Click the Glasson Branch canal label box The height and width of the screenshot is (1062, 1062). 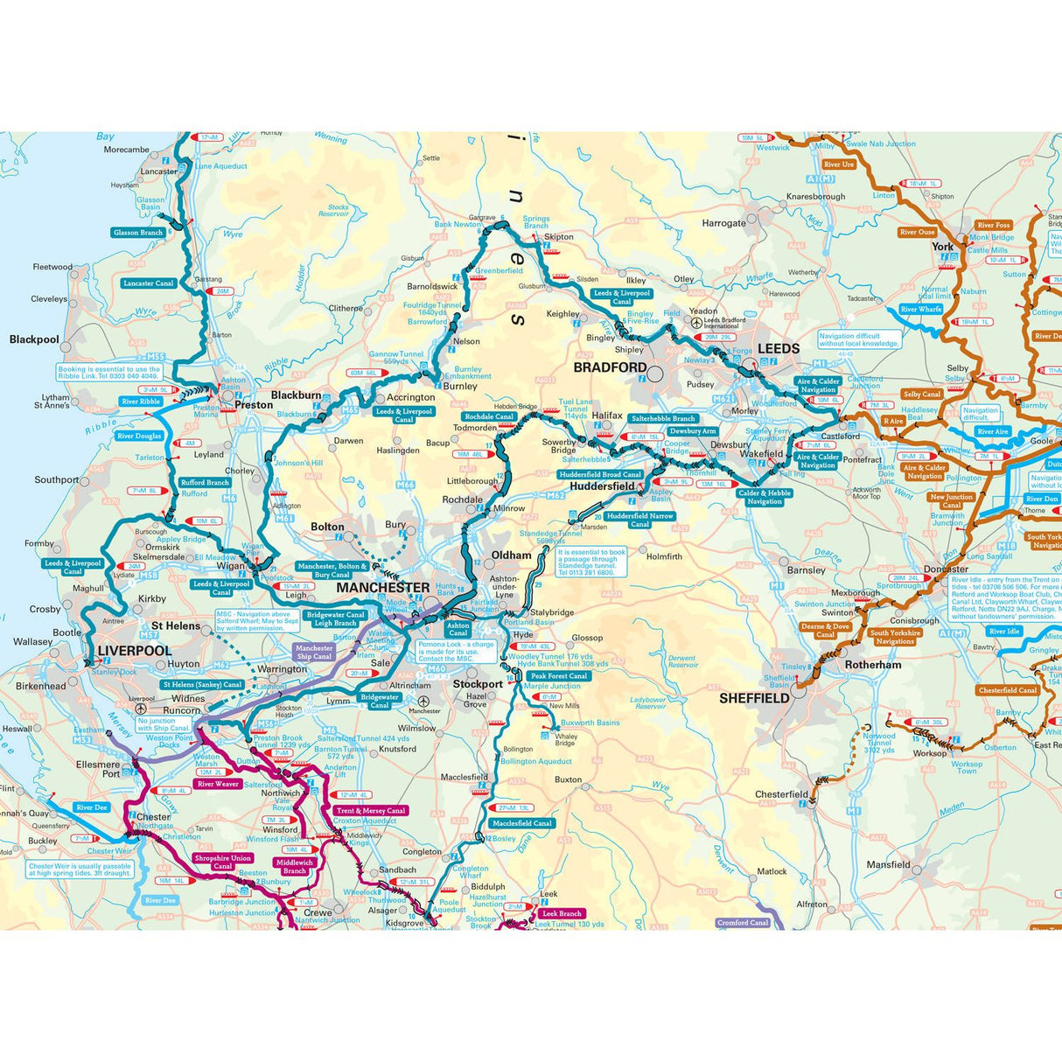click(x=138, y=233)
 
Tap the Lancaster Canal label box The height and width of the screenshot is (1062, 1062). click(x=150, y=283)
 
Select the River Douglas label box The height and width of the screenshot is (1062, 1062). click(x=139, y=436)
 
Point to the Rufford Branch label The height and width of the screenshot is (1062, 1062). click(x=205, y=482)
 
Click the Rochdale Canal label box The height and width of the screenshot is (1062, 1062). click(x=489, y=416)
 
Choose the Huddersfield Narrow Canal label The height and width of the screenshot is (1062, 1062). click(x=640, y=521)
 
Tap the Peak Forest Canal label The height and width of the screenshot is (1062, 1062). click(x=558, y=676)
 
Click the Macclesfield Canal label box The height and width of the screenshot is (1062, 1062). click(x=522, y=823)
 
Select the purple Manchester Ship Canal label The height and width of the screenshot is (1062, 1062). click(x=314, y=653)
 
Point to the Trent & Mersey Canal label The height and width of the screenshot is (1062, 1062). click(x=371, y=811)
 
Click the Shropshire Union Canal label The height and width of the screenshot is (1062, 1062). click(x=223, y=863)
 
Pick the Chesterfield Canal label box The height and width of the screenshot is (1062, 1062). click(x=1008, y=690)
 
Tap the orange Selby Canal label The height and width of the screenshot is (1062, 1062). click(x=922, y=395)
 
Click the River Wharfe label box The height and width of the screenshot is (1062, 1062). click(x=920, y=310)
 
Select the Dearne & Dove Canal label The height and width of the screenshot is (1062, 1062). click(x=825, y=631)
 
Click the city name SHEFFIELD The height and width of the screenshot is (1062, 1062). click(x=754, y=698)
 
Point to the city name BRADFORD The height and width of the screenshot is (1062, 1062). click(x=610, y=368)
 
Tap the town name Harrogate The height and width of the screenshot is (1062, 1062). click(x=723, y=223)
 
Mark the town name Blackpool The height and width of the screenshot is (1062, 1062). click(x=34, y=339)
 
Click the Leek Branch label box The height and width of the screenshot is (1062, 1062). click(x=561, y=913)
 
